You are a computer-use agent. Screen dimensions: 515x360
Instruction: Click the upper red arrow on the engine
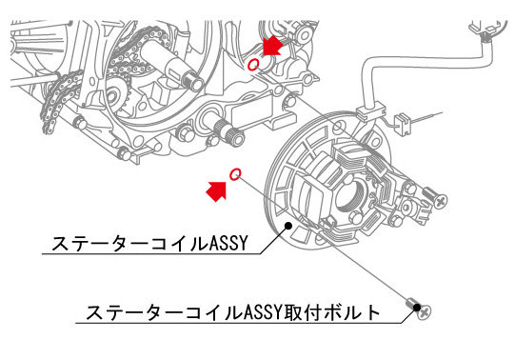(x=272, y=46)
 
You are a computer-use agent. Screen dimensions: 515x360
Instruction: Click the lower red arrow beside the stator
(x=216, y=191)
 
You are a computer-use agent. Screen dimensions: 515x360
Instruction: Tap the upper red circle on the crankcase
(x=253, y=65)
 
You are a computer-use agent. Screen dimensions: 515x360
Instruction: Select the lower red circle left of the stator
(x=235, y=174)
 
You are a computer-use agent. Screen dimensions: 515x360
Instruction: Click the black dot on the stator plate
(x=288, y=226)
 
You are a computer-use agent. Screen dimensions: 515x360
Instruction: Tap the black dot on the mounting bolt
(x=417, y=308)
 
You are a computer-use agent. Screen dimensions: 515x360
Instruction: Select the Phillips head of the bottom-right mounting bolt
(x=425, y=312)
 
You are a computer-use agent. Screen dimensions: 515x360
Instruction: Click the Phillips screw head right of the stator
(x=440, y=201)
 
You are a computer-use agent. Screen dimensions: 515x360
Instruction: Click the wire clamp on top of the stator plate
(x=370, y=111)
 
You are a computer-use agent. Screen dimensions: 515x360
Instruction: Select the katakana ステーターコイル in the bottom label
(x=165, y=312)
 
